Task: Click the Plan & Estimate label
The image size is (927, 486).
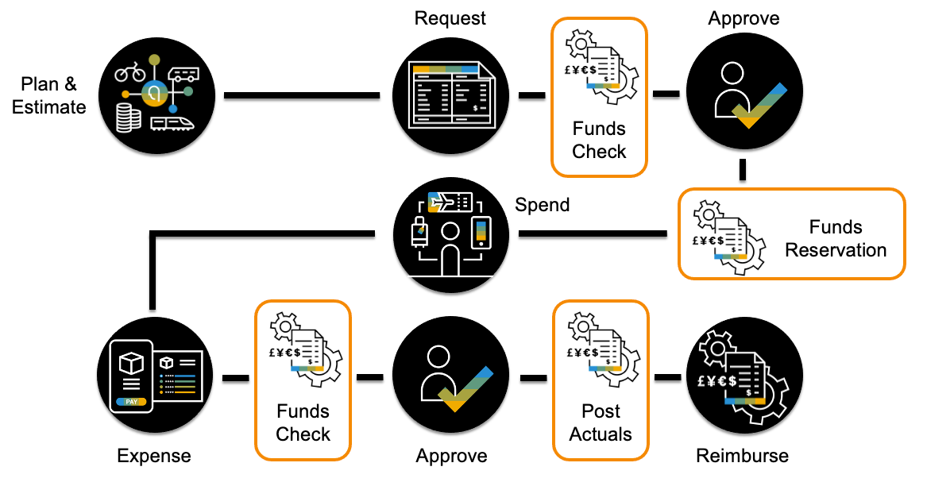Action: tap(48, 95)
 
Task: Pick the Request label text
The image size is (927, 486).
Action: tap(450, 17)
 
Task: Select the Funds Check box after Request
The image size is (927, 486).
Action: tap(599, 96)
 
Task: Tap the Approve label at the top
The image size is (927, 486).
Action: tap(744, 17)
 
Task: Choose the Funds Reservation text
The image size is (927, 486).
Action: tap(835, 238)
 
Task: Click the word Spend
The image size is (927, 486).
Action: tap(543, 205)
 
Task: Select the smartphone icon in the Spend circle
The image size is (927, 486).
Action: tap(481, 233)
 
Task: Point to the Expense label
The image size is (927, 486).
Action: tap(153, 456)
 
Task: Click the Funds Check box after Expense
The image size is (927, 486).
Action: tap(303, 379)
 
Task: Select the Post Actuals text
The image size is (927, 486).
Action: tap(601, 422)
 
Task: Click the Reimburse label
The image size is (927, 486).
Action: tap(742, 456)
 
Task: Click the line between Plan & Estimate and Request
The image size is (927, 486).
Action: tap(302, 96)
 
